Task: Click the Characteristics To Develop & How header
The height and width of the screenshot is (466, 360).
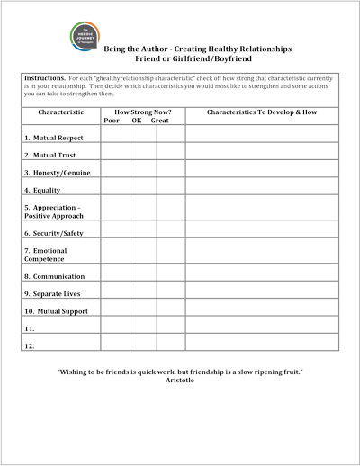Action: [x=261, y=112]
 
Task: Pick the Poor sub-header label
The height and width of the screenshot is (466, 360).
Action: [x=112, y=121]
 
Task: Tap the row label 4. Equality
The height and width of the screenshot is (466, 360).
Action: [x=42, y=190]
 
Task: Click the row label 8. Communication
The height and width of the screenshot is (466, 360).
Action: [x=55, y=276]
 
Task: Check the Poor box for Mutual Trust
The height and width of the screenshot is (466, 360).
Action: [x=115, y=153]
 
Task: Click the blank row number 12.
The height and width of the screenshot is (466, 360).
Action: [x=30, y=346]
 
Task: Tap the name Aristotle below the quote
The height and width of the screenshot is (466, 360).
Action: [x=180, y=380]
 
